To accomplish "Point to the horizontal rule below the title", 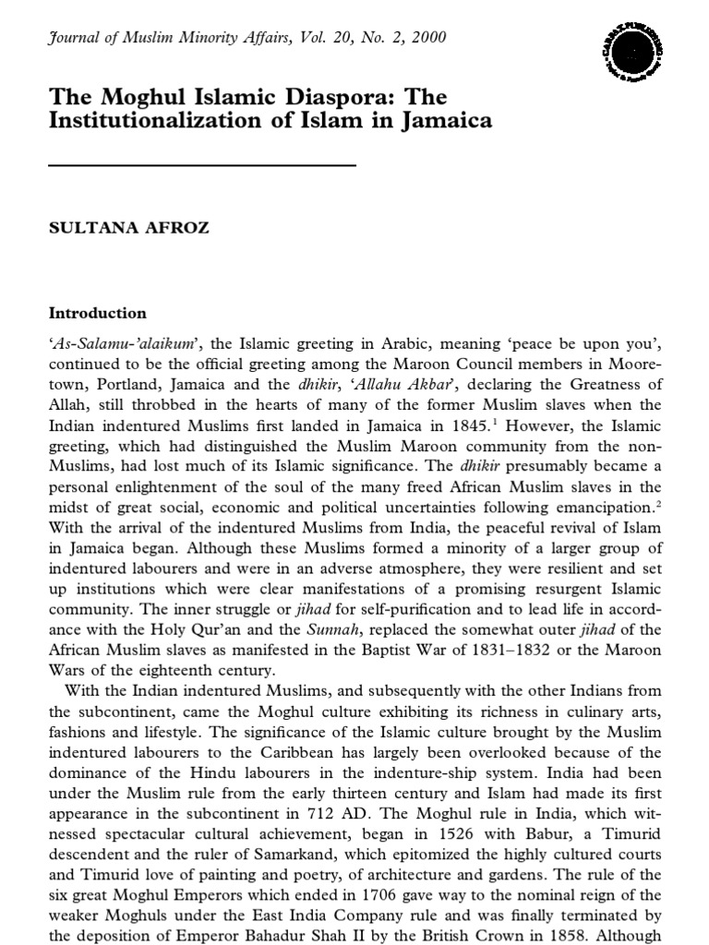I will pos(201,165).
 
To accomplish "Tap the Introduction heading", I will pos(97,313).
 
